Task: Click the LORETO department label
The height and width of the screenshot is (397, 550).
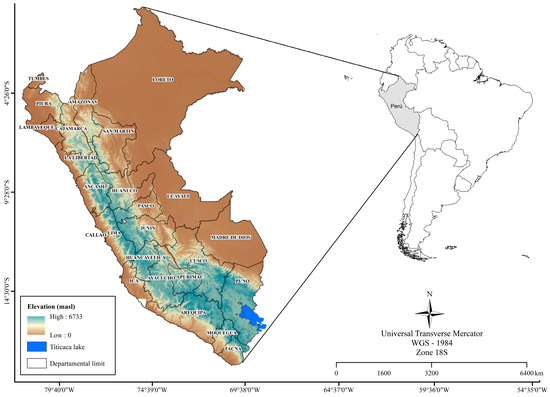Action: click(x=163, y=79)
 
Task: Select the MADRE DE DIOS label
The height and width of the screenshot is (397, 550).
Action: click(x=232, y=237)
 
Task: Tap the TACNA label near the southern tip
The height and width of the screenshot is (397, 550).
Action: click(x=233, y=348)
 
